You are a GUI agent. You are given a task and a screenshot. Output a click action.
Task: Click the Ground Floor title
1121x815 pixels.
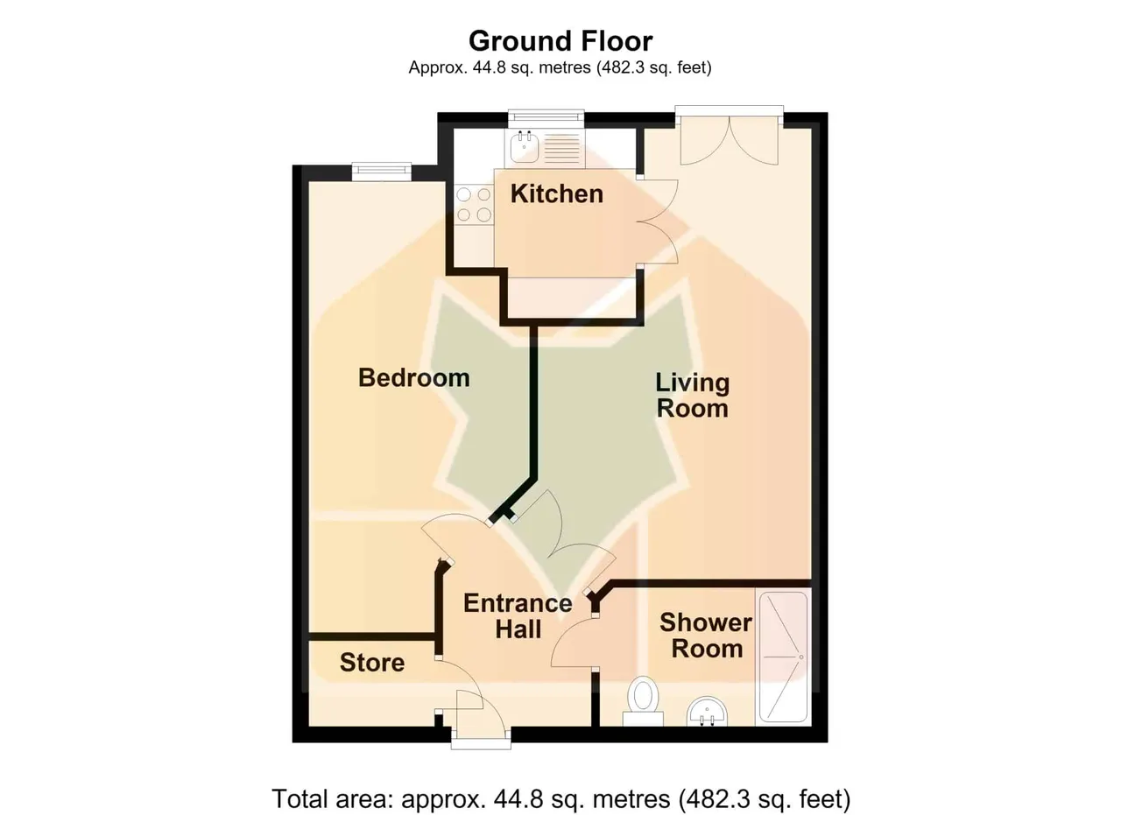point(560,41)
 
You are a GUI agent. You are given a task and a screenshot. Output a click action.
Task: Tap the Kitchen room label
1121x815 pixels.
point(556,193)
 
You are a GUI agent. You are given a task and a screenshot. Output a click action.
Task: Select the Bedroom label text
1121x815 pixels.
point(414,377)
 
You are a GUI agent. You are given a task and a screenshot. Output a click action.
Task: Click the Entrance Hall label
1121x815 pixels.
point(518,616)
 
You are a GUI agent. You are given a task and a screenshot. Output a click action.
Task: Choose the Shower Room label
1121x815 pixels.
point(706,636)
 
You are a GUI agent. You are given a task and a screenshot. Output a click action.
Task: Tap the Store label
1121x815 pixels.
point(372,663)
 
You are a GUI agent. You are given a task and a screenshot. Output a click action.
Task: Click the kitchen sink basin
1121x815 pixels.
point(524,146)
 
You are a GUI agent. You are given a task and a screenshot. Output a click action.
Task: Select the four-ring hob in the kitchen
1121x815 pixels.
point(474,205)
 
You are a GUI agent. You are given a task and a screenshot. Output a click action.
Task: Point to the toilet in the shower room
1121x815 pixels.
point(643,700)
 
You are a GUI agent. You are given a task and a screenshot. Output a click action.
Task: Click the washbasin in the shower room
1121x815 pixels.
point(707,711)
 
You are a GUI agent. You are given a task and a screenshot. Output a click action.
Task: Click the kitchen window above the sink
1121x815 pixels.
point(546,117)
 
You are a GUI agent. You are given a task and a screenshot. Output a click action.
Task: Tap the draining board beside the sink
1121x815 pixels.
point(561,148)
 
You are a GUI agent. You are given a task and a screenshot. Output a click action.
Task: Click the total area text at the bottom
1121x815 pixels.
point(561,798)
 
